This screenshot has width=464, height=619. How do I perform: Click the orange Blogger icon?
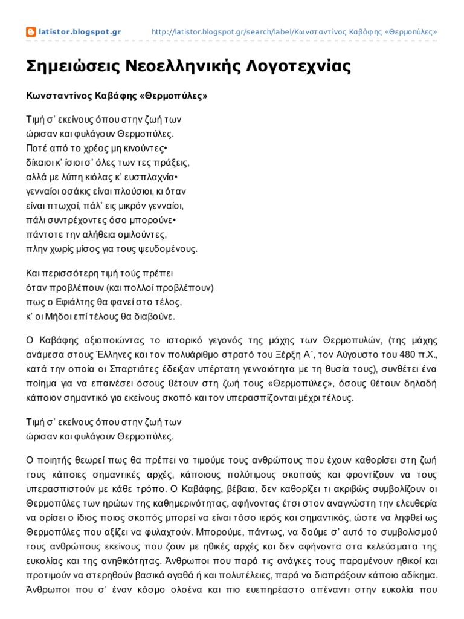click(31, 32)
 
